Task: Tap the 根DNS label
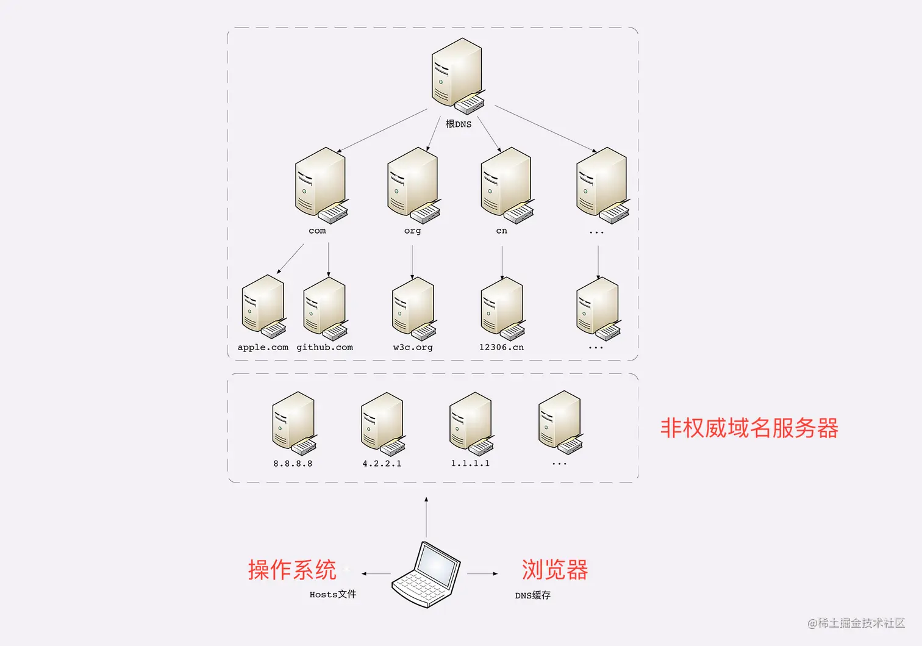pos(459,124)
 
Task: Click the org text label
pos(412,231)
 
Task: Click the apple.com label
pos(263,347)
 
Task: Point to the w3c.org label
pos(413,347)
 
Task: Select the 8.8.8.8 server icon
pos(294,423)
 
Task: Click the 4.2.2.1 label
pos(382,464)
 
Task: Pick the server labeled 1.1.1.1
pos(471,423)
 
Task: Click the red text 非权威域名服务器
pos(749,428)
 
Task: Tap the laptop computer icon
pos(426,574)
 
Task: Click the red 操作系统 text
pos(292,570)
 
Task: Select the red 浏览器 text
pos(555,570)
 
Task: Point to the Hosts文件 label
pos(333,594)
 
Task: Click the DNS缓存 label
pos(532,595)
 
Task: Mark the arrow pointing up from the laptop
pos(426,516)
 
